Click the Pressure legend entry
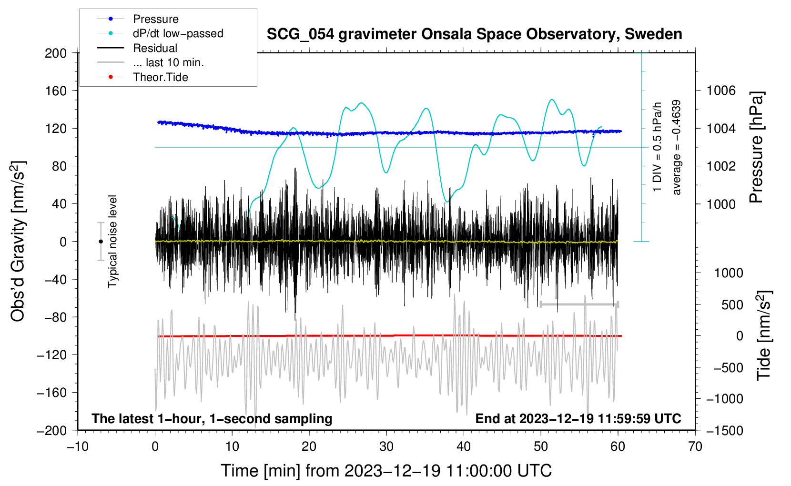pyautogui.click(x=155, y=19)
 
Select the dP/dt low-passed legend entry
pyautogui.click(x=178, y=33)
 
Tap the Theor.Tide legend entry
pyautogui.click(x=160, y=77)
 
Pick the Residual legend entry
pyautogui.click(x=155, y=48)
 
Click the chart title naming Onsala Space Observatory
pyautogui.click(x=474, y=34)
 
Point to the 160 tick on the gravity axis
pyautogui.click(x=56, y=91)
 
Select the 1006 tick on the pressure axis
pyautogui.click(x=721, y=91)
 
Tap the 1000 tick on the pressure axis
pyautogui.click(x=721, y=204)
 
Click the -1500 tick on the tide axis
pyautogui.click(x=724, y=430)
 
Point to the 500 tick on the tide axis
pyautogui.click(x=732, y=304)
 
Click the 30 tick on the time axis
pyautogui.click(x=386, y=446)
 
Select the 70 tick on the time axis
pyautogui.click(x=695, y=446)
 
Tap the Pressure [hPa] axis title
pyautogui.click(x=756, y=147)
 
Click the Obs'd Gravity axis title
pyautogui.click(x=18, y=241)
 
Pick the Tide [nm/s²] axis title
pyautogui.click(x=764, y=335)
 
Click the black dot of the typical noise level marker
pyautogui.click(x=101, y=242)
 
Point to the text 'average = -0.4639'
pyautogui.click(x=676, y=148)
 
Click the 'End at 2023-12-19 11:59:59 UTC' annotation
pyautogui.click(x=578, y=418)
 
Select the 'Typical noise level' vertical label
pyautogui.click(x=112, y=241)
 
